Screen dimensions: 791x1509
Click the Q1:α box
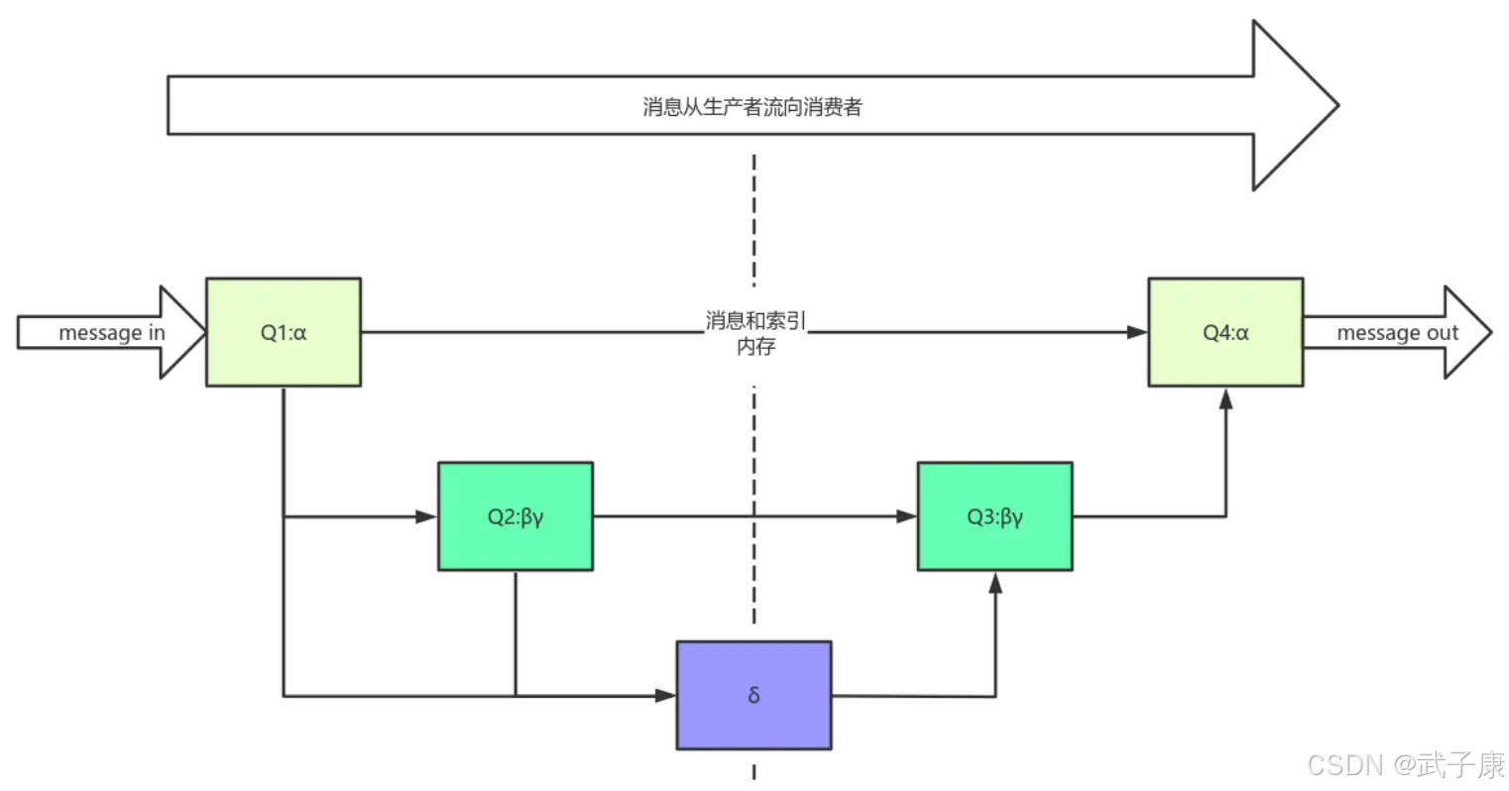pos(283,332)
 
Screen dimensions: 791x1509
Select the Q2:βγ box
pos(516,515)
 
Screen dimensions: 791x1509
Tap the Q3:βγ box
pos(994,515)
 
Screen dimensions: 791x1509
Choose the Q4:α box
pos(1225,332)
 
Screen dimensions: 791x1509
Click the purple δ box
pos(754,695)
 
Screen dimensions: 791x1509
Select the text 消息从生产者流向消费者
pos(753,106)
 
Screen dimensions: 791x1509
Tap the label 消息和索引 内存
pos(755,333)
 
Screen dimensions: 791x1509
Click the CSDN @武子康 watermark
pos(1405,764)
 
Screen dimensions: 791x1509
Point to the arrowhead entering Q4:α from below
pos(1225,397)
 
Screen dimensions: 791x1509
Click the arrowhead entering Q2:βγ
pos(427,516)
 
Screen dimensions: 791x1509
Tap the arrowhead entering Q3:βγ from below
pos(995,582)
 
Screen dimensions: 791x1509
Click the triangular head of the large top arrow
pos(1294,105)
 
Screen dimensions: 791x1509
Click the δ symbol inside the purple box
pos(754,695)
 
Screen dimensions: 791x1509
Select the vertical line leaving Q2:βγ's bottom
pos(516,632)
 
